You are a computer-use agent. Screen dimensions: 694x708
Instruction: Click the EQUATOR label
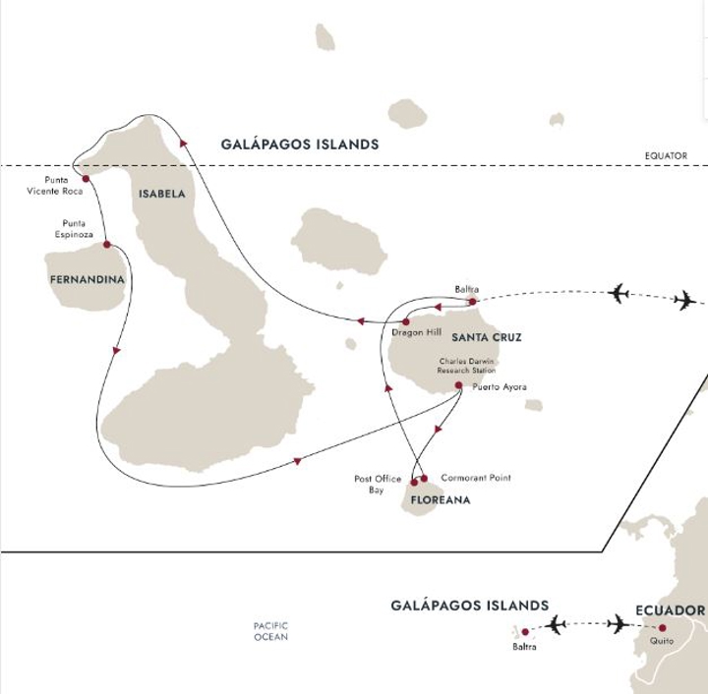[666, 155]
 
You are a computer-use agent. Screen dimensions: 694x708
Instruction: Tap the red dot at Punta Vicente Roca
[86, 179]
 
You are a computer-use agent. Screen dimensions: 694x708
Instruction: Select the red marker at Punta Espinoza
[106, 245]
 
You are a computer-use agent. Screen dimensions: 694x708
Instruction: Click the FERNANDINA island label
[87, 280]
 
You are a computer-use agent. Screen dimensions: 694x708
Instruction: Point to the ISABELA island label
[161, 194]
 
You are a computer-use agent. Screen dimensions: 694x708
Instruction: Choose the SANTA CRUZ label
[486, 337]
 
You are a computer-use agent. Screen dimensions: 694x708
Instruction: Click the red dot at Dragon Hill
[405, 321]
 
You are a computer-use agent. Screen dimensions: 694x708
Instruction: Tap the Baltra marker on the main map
[472, 302]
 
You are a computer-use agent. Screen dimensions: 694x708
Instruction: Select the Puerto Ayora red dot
[458, 385]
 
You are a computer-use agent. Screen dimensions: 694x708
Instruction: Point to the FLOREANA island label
[441, 500]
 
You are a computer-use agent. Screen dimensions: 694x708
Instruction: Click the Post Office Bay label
[378, 484]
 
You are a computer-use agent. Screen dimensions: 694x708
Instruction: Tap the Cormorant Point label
[476, 478]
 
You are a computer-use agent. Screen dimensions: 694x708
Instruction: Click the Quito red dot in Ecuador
[662, 627]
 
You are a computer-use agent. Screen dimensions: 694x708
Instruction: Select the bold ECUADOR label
[670, 610]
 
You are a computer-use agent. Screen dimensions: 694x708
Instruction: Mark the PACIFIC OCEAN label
[270, 631]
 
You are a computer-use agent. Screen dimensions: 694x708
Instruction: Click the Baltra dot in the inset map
[525, 632]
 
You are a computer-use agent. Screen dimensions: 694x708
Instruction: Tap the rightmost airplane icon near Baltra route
[684, 300]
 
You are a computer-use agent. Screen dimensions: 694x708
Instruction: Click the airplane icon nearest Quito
[618, 623]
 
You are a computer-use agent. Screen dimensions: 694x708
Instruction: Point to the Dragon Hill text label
[417, 332]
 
